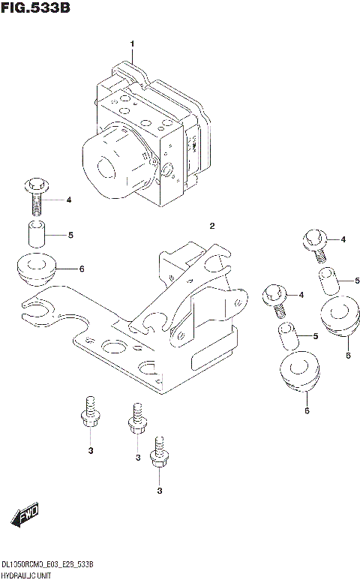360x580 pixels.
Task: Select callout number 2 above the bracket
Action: click(x=212, y=226)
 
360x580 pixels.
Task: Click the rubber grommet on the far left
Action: click(x=36, y=269)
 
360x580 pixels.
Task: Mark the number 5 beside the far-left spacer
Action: click(x=70, y=235)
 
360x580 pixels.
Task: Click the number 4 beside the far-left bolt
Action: click(x=68, y=200)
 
